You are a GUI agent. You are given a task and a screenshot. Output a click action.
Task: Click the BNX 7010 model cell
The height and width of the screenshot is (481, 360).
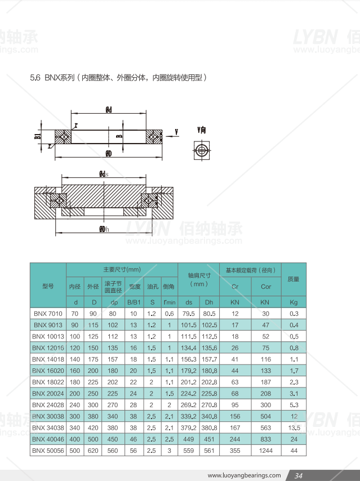(48, 314)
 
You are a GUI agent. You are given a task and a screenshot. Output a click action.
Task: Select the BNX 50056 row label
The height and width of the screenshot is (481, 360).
(48, 451)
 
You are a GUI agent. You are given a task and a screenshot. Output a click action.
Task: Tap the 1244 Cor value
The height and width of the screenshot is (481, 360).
(266, 451)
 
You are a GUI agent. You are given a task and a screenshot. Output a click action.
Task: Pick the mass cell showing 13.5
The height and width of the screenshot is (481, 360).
(294, 427)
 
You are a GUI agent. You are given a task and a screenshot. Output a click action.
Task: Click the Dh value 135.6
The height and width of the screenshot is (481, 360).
(210, 348)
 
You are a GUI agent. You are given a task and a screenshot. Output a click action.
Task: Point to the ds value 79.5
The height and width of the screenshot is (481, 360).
(188, 314)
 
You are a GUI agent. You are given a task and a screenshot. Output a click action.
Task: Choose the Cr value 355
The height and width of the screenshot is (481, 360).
(235, 451)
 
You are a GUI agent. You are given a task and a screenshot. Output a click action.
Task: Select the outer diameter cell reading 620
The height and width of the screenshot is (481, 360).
(93, 451)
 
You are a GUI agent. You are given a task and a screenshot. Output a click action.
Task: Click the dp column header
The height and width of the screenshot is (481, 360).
(114, 302)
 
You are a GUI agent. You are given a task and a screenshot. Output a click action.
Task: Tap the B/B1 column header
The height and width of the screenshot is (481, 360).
(134, 302)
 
